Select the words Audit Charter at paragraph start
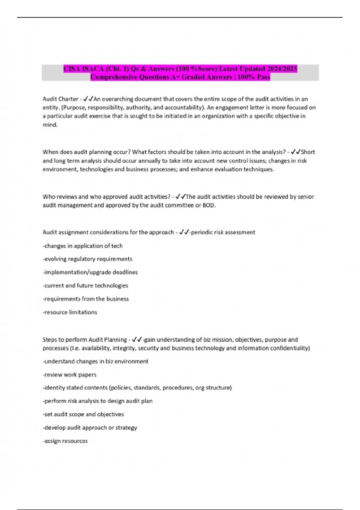[x=60, y=99]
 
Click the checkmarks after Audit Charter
[x=88, y=99]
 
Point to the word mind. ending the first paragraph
[x=50, y=125]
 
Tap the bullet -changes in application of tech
[x=83, y=246]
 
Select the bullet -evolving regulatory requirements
[x=87, y=259]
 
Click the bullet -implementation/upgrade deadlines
[x=90, y=272]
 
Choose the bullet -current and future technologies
[x=85, y=286]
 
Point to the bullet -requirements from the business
[x=86, y=299]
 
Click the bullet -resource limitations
[x=70, y=312]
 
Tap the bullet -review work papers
[x=70, y=375]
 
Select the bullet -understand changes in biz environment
[x=95, y=361]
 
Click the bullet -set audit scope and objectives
[x=83, y=414]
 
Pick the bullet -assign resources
[x=65, y=441]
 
